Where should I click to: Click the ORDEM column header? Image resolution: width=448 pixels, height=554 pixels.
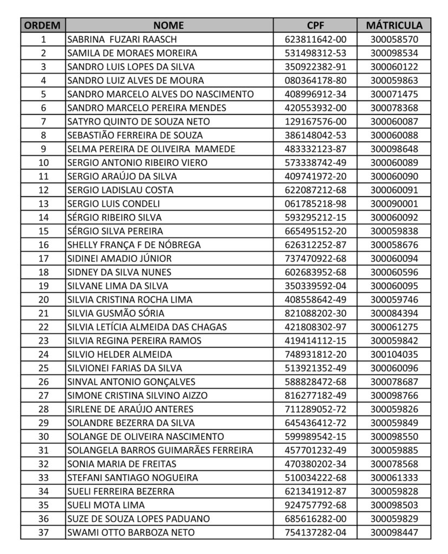tap(43, 25)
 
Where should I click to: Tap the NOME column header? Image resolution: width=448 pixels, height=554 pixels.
tap(168, 25)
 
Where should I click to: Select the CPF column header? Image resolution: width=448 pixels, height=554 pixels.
tap(315, 25)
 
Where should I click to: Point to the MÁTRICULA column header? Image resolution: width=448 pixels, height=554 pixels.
tap(394, 25)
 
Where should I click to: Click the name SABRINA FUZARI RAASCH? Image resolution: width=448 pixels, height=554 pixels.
tap(122, 39)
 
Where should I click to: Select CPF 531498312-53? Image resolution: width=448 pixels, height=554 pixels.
tap(315, 53)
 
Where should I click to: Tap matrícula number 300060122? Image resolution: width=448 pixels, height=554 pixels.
tap(394, 67)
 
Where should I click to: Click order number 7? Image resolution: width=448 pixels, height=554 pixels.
tap(43, 122)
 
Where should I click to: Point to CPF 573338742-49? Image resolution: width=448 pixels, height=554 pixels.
tap(315, 162)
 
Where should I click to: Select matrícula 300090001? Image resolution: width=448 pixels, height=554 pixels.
tap(394, 203)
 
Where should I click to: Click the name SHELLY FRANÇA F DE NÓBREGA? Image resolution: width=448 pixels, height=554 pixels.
tap(134, 245)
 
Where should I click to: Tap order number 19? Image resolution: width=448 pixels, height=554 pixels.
tap(43, 286)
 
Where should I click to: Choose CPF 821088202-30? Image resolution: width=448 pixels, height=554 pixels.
tap(315, 313)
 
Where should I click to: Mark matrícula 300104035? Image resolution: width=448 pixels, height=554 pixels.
tap(394, 354)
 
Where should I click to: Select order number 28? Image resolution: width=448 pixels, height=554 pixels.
tap(43, 409)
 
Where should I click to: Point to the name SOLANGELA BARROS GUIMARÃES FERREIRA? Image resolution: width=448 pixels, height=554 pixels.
tap(160, 450)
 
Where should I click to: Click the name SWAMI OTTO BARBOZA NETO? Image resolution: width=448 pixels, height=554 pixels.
tap(131, 532)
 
